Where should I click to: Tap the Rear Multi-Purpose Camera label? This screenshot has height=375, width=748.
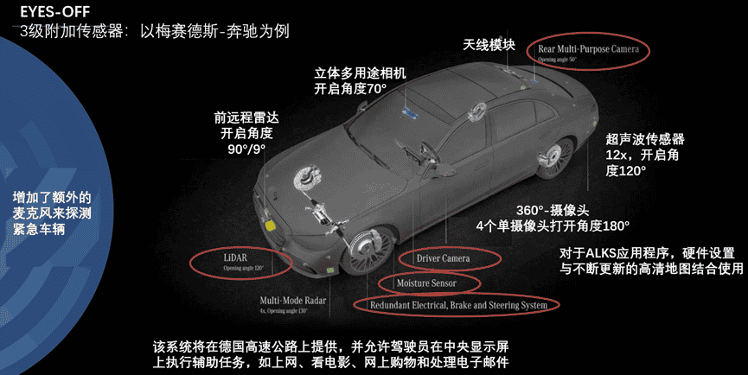point(588,50)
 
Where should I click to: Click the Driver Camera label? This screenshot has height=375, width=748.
point(449,257)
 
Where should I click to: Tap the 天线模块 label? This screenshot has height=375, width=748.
point(489,44)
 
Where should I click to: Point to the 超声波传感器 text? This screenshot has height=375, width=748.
point(645,138)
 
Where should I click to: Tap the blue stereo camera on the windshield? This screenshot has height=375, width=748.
point(409,112)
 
